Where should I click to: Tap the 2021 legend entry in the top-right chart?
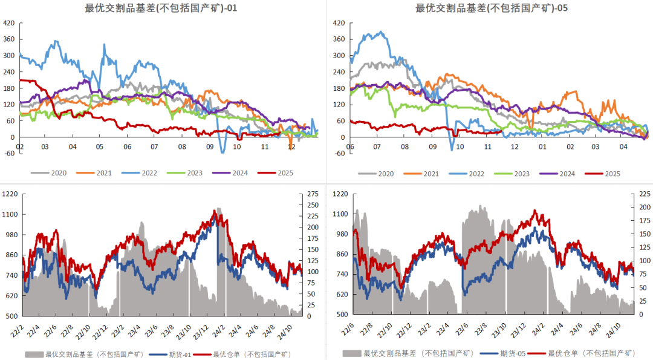point(430,174)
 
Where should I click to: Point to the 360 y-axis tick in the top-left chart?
point(10,39)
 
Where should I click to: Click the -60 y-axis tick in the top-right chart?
point(339,153)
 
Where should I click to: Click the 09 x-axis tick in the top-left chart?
point(209,146)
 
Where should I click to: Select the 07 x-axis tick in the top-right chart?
point(377,146)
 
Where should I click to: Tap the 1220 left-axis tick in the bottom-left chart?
point(11,194)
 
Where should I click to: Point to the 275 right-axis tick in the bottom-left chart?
point(313,194)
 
